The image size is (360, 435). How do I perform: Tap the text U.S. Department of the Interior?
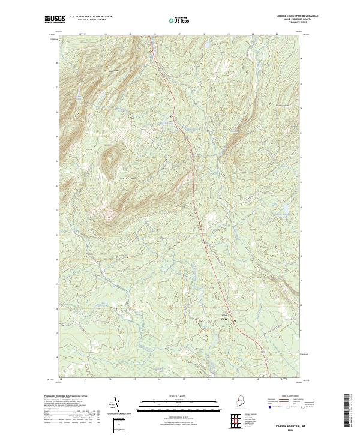[x=91, y=17]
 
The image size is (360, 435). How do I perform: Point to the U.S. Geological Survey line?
[x=91, y=20]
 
